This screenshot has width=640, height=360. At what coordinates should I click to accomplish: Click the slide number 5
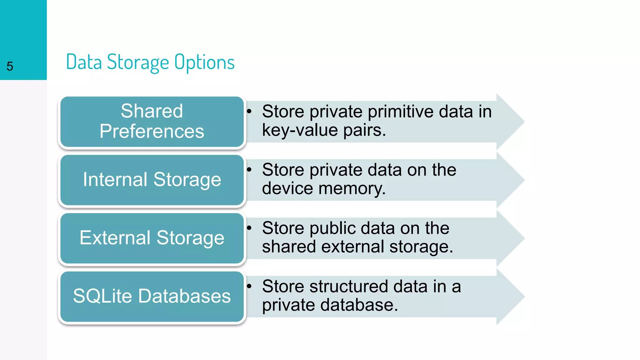[x=10, y=66]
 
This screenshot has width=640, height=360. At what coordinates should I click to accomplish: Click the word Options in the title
[x=204, y=62]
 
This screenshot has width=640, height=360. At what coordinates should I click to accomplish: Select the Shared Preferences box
[x=152, y=121]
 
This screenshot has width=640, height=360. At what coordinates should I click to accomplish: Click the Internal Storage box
[x=152, y=180]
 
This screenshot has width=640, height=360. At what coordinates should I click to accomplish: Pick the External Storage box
[x=152, y=238]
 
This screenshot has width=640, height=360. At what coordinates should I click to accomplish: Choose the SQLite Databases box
[x=152, y=296]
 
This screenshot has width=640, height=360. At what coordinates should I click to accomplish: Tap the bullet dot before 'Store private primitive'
[x=249, y=111]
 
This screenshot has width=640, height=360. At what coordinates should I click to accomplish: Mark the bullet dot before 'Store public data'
[x=249, y=228]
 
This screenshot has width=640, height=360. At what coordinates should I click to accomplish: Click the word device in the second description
[x=287, y=188]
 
